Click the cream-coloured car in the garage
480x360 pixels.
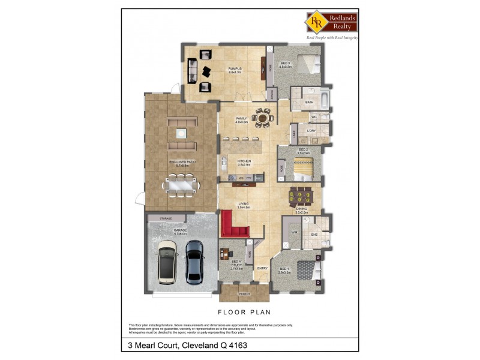tap(167, 262)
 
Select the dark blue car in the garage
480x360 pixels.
tap(195, 262)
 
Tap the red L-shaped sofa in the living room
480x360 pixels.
tap(234, 226)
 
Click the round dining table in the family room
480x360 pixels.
tap(263, 118)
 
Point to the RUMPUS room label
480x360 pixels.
tap(235, 70)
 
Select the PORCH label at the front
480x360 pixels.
tap(244, 293)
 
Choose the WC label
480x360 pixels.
tap(314, 116)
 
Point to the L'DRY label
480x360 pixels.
tap(311, 131)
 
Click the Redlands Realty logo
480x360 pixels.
tap(332, 23)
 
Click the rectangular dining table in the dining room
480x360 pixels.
tap(301, 196)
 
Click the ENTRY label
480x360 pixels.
tap(262, 268)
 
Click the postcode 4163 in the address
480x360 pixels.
tap(235, 346)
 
